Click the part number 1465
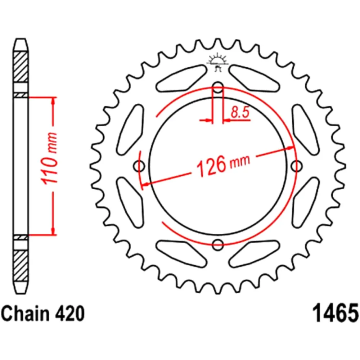coord(334,313)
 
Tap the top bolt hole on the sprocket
coord(217,87)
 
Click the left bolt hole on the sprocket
coord(139,166)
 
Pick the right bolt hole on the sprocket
coord(296,166)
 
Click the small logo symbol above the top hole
coord(217,62)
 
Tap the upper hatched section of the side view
coord(21,67)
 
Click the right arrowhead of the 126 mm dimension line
coord(290,148)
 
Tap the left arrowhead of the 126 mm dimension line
coord(145,185)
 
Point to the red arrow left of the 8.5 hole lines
coord(207,120)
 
